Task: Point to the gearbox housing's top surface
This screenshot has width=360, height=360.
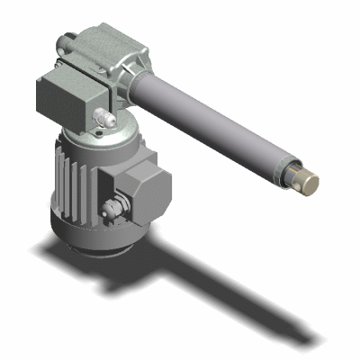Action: coord(108,40)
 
